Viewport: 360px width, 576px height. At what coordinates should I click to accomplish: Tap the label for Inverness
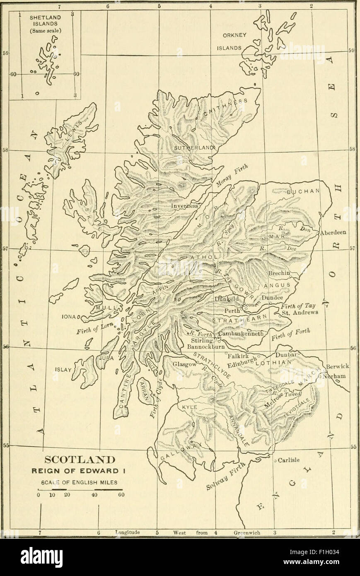click(x=185, y=206)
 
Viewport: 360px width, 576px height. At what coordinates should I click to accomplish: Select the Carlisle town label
click(x=288, y=460)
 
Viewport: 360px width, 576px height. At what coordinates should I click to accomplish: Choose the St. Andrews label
click(x=299, y=313)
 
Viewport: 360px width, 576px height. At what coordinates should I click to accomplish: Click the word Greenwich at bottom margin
click(x=247, y=533)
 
